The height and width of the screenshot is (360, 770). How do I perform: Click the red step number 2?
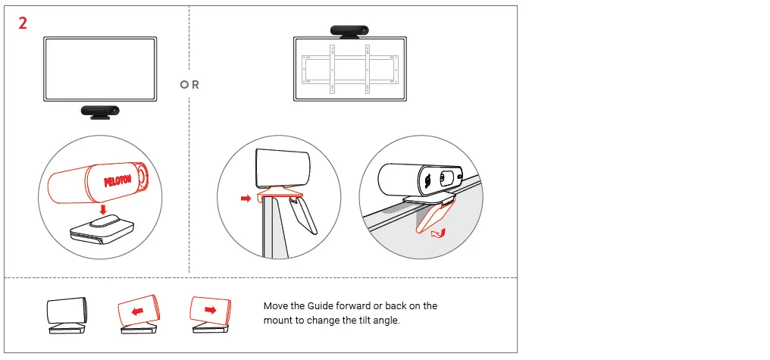pyautogui.click(x=23, y=23)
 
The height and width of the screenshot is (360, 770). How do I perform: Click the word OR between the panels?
pyautogui.click(x=190, y=85)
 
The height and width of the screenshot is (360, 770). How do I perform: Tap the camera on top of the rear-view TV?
pyautogui.click(x=350, y=30)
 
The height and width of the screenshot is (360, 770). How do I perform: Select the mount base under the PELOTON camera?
pyautogui.click(x=102, y=229)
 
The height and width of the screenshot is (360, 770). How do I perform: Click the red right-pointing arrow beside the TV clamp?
pyautogui.click(x=245, y=198)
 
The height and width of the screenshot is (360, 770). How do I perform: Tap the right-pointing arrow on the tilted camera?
pyautogui.click(x=210, y=309)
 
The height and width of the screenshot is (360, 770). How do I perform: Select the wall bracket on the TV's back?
pyautogui.click(x=349, y=68)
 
